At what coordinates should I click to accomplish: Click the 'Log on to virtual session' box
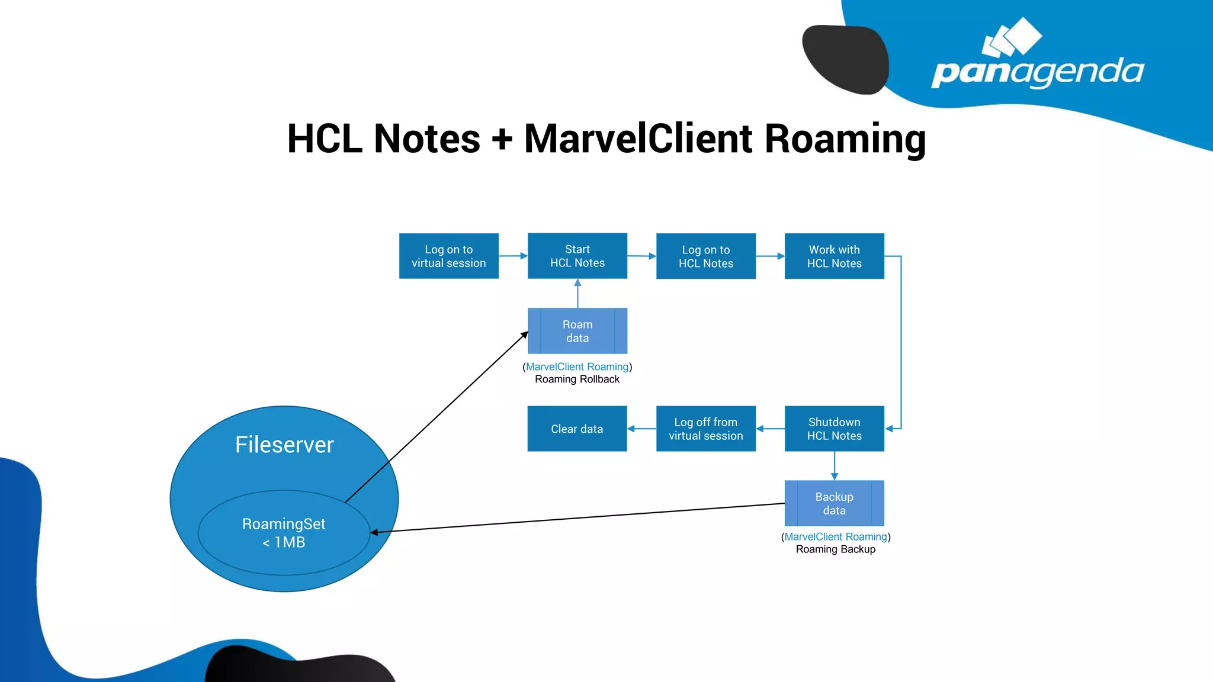pyautogui.click(x=448, y=256)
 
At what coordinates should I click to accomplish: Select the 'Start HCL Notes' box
pyautogui.click(x=577, y=256)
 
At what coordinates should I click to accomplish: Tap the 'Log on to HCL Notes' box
pyautogui.click(x=705, y=256)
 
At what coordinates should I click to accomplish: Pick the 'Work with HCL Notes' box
pyautogui.click(x=834, y=256)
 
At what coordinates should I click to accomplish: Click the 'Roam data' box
pyautogui.click(x=577, y=331)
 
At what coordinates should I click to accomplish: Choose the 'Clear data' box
pyautogui.click(x=577, y=429)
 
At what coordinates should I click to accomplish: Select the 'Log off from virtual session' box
pyautogui.click(x=705, y=429)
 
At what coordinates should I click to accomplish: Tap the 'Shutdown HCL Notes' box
pyautogui.click(x=834, y=429)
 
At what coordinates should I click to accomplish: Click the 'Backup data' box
pyautogui.click(x=834, y=503)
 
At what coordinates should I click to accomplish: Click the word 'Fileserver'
pyautogui.click(x=284, y=445)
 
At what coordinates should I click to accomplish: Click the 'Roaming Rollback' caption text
pyautogui.click(x=577, y=379)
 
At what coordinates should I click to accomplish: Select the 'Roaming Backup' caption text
pyautogui.click(x=835, y=549)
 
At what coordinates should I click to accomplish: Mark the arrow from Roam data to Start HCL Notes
pyautogui.click(x=577, y=294)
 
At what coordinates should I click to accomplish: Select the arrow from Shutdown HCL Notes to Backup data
pyautogui.click(x=834, y=466)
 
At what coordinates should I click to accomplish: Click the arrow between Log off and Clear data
pyautogui.click(x=641, y=429)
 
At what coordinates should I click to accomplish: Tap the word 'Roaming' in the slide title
pyautogui.click(x=845, y=139)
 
